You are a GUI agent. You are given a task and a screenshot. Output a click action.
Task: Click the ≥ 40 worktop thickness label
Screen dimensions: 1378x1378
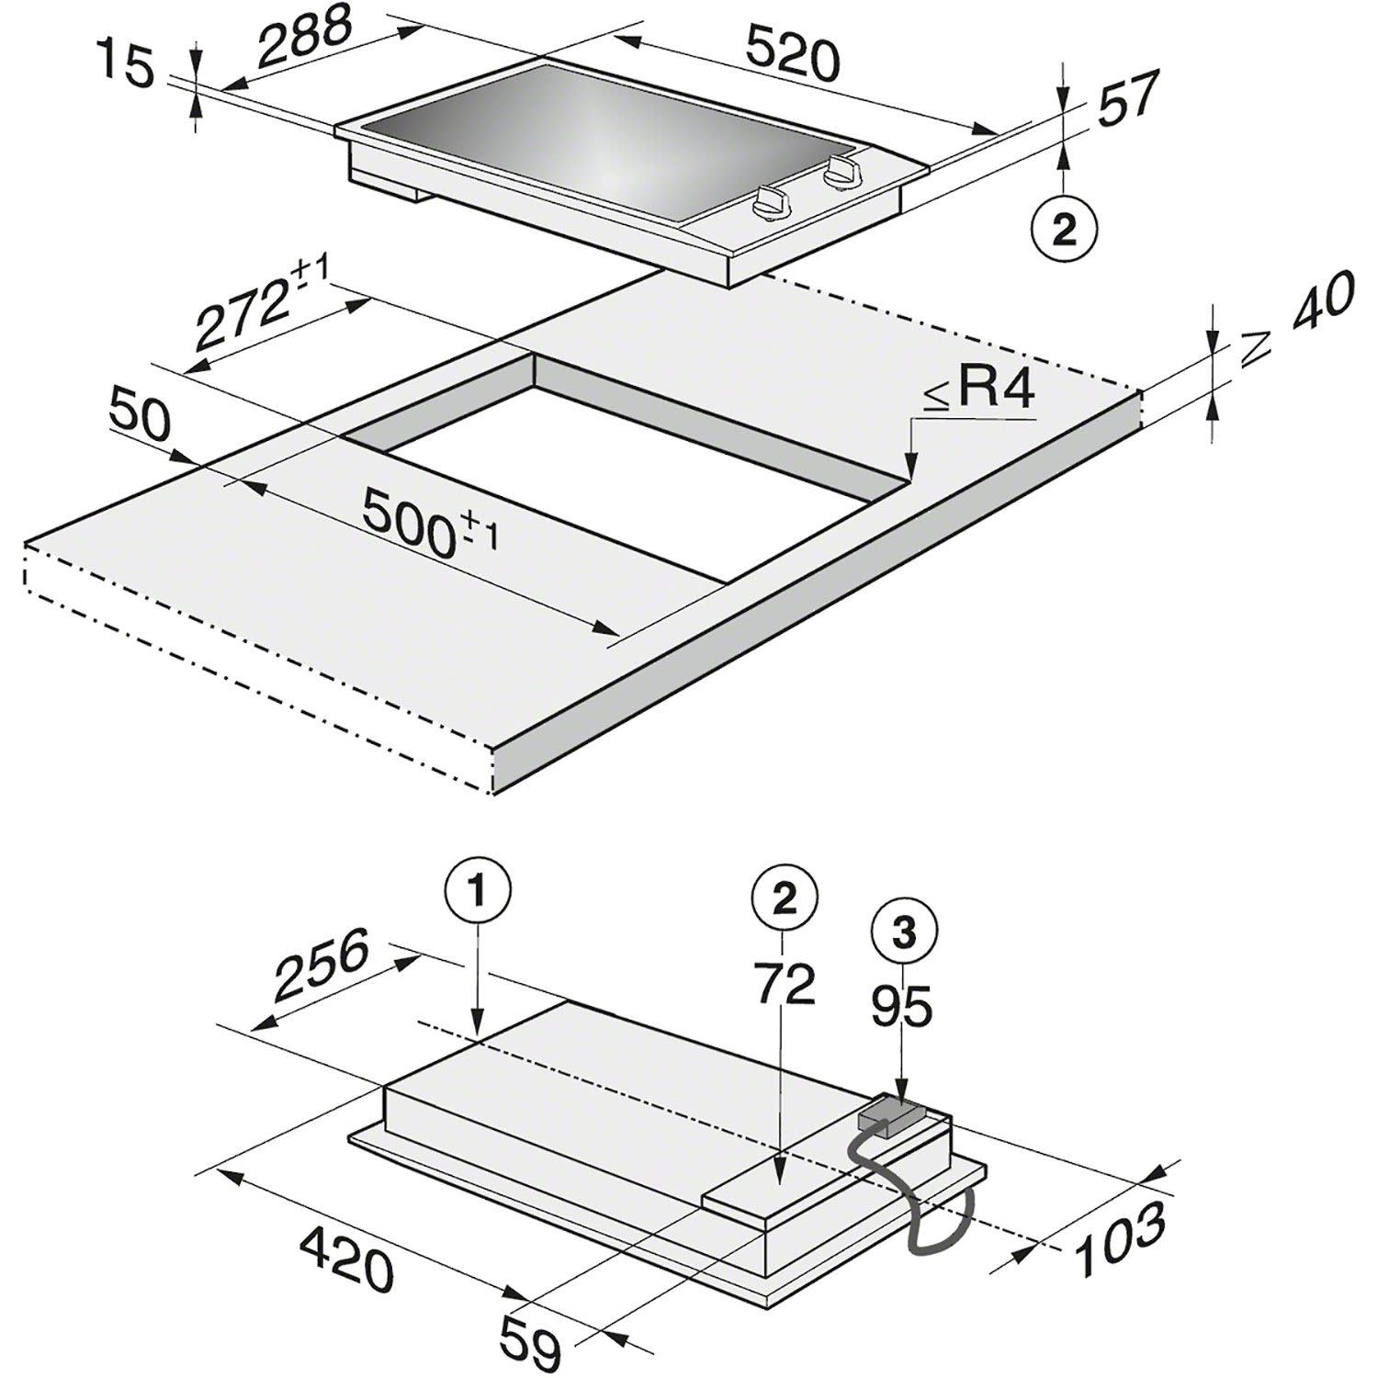click(x=1298, y=318)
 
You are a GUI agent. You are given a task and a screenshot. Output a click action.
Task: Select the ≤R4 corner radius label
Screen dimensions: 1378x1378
click(x=978, y=391)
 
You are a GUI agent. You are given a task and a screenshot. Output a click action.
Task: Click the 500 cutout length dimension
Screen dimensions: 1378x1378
click(x=430, y=519)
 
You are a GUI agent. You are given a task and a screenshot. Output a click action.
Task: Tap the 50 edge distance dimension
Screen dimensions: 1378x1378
click(x=139, y=416)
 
